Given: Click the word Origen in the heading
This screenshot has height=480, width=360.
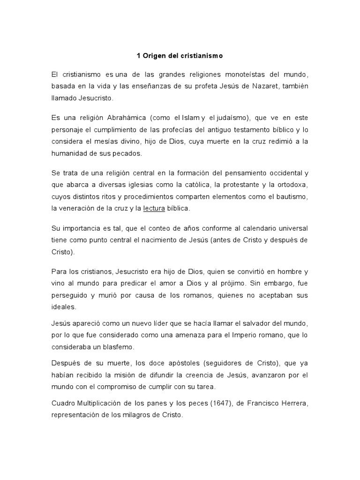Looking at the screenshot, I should (x=153, y=56).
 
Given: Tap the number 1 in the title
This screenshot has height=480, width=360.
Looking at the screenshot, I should (x=138, y=56).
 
